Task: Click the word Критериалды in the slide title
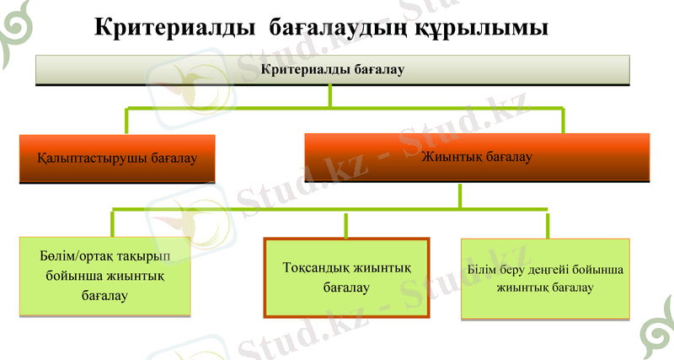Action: point(174,29)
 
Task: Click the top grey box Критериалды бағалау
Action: point(333,70)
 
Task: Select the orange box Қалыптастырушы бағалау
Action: point(117,159)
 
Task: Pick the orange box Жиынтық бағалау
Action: point(476,158)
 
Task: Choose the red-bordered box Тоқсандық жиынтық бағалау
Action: point(347,277)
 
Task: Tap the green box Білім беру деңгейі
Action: point(545,278)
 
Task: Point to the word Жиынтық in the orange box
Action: point(450,157)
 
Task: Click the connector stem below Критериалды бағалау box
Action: point(330,96)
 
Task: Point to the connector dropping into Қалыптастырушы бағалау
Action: point(127,121)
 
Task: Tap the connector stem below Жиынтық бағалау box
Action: point(459,196)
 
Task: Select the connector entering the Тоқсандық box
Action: point(346,225)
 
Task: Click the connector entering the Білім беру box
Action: point(548,225)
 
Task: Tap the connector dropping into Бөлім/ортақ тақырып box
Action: point(113,225)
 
